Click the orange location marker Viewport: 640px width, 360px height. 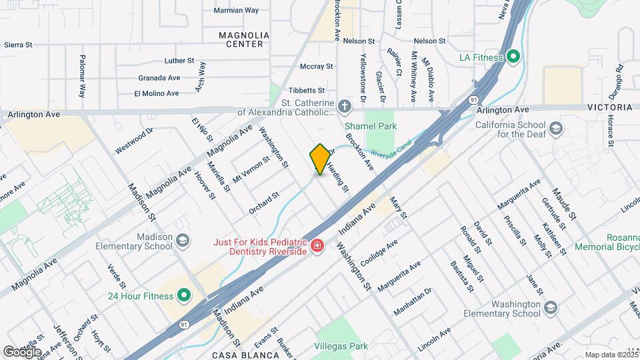point(320,159)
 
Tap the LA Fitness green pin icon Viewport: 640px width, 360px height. point(513,57)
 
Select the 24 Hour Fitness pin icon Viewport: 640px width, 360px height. point(183,295)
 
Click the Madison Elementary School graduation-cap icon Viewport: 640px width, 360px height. point(182,239)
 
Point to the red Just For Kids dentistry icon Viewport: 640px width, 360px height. point(317,246)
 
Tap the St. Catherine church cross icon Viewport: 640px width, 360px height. point(343,107)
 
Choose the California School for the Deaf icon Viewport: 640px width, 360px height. point(555,128)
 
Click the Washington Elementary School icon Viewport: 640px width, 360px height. point(550,307)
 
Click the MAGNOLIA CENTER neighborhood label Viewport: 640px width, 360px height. point(245,39)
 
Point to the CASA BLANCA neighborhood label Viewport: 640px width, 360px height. point(245,355)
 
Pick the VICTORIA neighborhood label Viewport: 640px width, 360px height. point(610,107)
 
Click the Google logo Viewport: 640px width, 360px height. point(22,351)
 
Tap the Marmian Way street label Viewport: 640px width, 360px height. point(236,11)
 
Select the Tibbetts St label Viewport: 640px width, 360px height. point(307,90)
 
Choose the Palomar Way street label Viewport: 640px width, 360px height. point(83,77)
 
